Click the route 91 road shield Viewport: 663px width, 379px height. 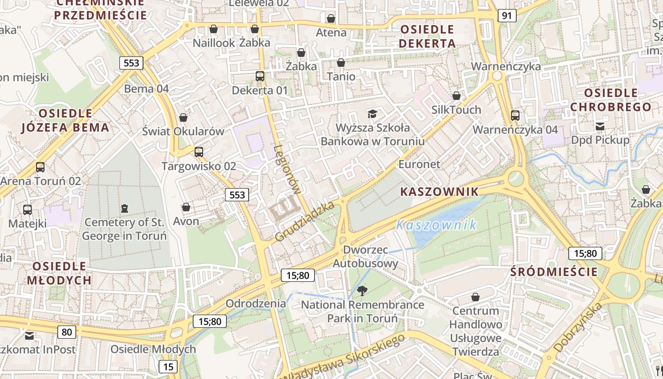click(507, 16)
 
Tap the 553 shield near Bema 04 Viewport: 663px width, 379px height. click(131, 63)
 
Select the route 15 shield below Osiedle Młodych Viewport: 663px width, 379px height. click(168, 366)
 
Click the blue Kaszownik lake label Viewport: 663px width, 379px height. click(437, 225)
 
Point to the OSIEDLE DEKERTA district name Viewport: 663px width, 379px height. click(427, 36)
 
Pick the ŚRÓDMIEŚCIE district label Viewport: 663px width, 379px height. click(555, 272)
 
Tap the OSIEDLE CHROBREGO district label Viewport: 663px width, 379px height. click(610, 100)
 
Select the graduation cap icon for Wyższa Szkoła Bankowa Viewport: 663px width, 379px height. click(372, 114)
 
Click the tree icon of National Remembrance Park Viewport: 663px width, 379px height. click(362, 290)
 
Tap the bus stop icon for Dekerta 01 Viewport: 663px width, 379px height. click(260, 76)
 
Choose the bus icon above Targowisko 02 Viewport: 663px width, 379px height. click(199, 152)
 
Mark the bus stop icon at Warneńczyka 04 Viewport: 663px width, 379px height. click(515, 115)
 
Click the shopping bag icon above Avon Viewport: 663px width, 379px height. click(186, 207)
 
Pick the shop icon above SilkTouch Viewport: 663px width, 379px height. click(456, 96)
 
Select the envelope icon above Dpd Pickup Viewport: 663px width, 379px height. click(600, 126)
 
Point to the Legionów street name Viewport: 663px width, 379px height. click(287, 170)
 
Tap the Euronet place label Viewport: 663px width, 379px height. click(419, 164)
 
